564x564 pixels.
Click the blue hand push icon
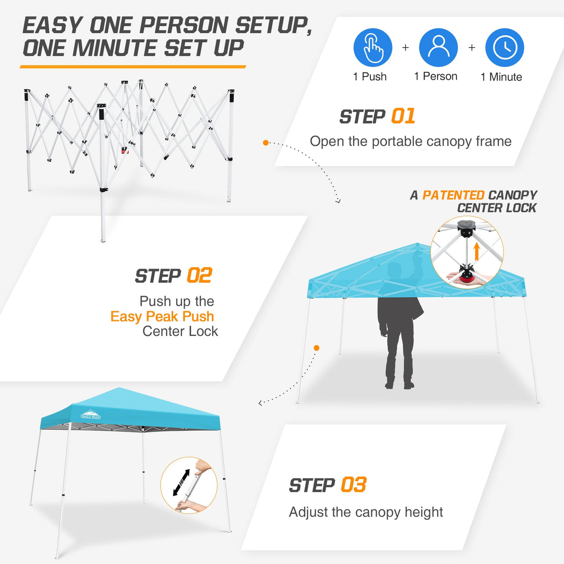[x=373, y=47]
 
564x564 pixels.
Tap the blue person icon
[x=438, y=47]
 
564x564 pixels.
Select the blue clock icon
[x=505, y=47]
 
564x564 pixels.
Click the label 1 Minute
[x=501, y=77]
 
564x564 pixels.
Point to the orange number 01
[x=403, y=117]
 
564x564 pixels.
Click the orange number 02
[x=199, y=276]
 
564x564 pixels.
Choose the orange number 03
[x=354, y=485]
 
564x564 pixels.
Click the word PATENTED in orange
[x=453, y=195]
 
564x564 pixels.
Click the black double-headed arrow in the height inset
[x=181, y=482]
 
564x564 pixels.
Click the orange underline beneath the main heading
[x=133, y=67]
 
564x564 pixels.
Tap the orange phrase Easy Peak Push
[x=162, y=316]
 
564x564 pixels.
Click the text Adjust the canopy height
[x=366, y=512]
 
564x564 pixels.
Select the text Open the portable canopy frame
[x=410, y=141]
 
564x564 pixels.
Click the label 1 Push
[x=370, y=77]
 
